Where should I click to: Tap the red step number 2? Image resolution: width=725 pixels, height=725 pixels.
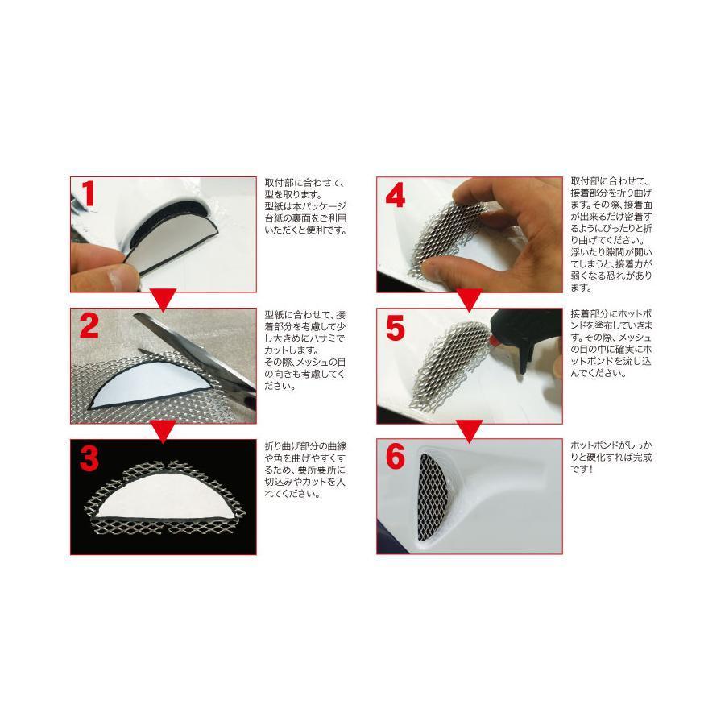tap(89, 325)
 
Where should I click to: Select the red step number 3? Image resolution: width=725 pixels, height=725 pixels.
tap(89, 458)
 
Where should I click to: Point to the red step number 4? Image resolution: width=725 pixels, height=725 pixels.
tap(396, 195)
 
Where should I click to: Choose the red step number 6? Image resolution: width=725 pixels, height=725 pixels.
tap(396, 457)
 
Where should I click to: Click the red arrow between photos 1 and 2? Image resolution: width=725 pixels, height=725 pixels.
tap(164, 300)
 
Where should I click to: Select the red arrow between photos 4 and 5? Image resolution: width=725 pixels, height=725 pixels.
tap(470, 300)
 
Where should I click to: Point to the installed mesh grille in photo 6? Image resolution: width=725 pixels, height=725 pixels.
tap(433, 497)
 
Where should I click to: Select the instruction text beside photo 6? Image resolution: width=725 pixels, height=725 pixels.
tap(611, 458)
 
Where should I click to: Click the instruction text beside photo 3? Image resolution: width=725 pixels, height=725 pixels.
tap(305, 470)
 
